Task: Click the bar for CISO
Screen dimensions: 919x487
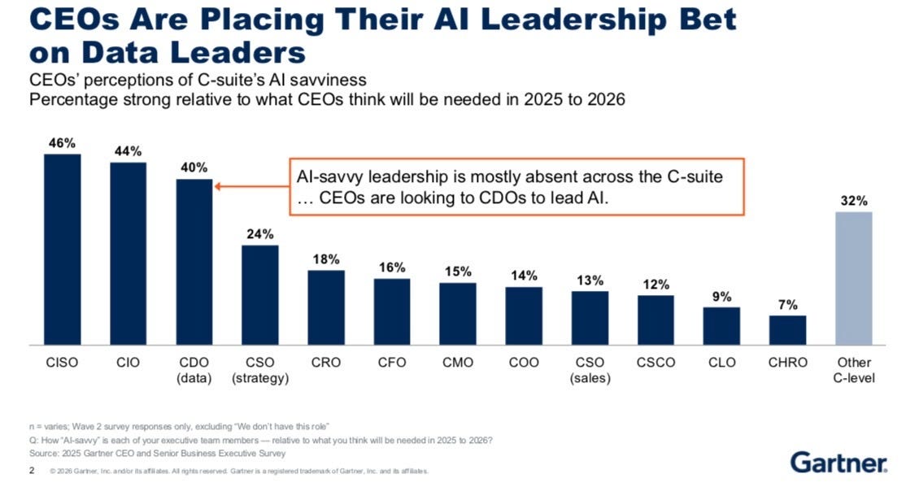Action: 62,250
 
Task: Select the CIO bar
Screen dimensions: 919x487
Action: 128,254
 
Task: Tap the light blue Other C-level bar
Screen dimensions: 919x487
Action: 854,278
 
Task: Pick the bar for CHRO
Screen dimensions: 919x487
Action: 788,331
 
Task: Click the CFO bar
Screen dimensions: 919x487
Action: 392,311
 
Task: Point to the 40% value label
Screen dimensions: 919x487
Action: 194,167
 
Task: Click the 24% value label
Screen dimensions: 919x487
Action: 260,234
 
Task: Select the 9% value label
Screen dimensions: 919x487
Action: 722,297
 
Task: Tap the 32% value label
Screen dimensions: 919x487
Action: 854,201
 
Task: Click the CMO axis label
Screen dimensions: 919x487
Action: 458,363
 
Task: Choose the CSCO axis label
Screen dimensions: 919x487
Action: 655,363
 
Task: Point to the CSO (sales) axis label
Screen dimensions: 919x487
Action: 590,371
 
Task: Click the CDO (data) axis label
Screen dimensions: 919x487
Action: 194,371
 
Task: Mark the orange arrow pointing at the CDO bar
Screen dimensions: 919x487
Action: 252,187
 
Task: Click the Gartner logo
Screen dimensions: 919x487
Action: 838,463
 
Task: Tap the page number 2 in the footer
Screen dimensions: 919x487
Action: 32,471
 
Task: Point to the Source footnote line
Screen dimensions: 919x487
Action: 158,453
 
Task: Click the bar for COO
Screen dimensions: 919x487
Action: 524,316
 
